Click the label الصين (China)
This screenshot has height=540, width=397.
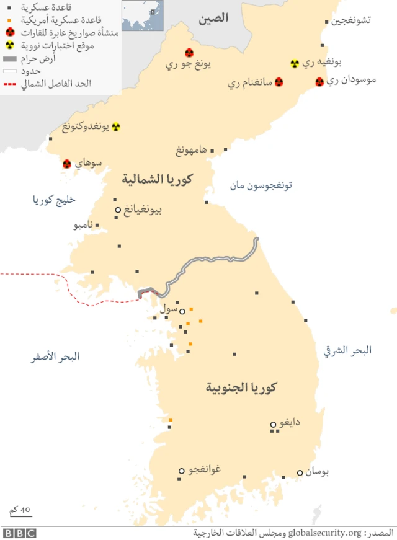(x=213, y=19)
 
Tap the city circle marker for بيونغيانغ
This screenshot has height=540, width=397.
(x=117, y=210)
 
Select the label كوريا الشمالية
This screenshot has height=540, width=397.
(x=158, y=180)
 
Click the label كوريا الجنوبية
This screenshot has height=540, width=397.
(x=241, y=388)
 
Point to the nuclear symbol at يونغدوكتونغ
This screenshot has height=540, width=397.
(x=115, y=127)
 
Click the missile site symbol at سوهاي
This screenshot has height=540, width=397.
(x=67, y=164)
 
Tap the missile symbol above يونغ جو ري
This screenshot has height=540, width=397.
(x=189, y=53)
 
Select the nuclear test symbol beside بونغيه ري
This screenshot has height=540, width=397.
(x=295, y=63)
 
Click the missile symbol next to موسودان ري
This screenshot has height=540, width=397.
(x=319, y=82)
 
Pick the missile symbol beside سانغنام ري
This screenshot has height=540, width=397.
(x=279, y=82)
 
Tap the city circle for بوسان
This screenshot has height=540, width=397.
(x=300, y=472)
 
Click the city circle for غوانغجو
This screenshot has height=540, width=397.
(x=182, y=471)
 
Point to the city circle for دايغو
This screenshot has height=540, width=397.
(x=273, y=425)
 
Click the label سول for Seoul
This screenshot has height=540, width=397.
(x=168, y=308)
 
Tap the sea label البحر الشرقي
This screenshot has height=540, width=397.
(x=347, y=350)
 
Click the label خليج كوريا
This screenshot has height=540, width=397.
(x=54, y=200)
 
